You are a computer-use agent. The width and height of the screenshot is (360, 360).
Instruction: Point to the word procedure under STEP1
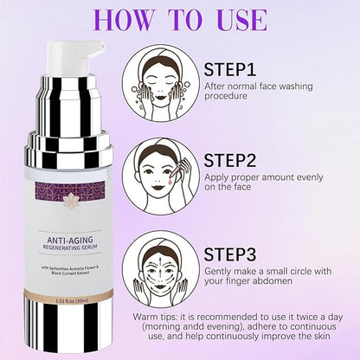(x=227, y=98)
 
